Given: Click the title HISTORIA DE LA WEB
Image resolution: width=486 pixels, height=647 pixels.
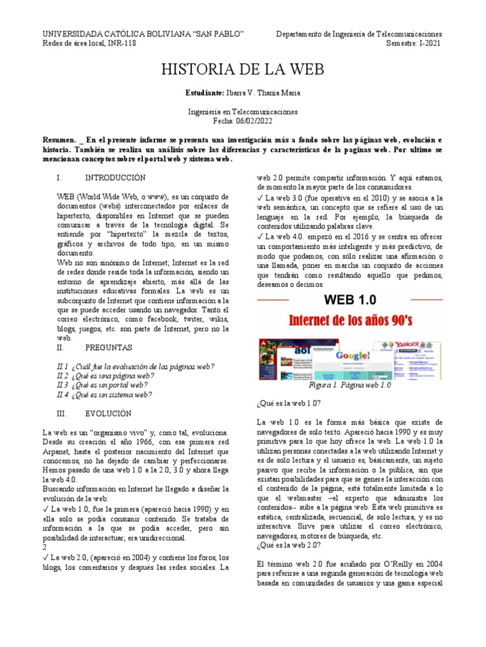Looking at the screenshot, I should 243,70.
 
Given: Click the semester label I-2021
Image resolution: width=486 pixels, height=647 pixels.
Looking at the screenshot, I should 428,43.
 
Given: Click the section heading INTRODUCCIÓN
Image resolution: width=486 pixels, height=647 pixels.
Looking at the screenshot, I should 115,178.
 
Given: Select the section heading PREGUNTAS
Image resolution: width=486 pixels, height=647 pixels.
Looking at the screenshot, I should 108,348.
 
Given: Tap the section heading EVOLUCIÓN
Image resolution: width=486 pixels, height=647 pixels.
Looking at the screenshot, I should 108,413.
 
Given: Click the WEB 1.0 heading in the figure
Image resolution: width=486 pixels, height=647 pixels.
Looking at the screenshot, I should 351,298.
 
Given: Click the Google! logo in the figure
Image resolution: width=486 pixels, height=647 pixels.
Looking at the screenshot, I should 346,354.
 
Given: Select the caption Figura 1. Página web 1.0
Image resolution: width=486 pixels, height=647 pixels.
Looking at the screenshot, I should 350,385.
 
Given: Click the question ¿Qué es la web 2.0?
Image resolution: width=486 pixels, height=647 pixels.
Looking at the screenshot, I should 289,545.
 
